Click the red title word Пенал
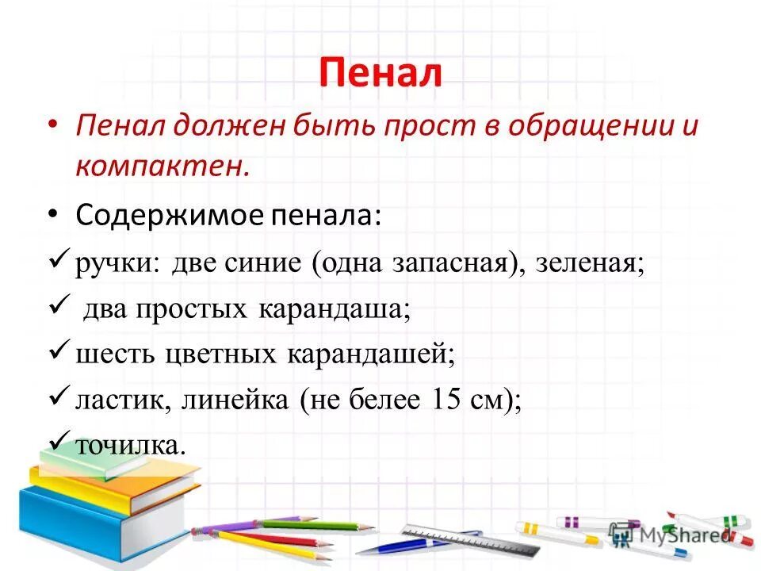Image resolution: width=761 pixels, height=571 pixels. (380, 74)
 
